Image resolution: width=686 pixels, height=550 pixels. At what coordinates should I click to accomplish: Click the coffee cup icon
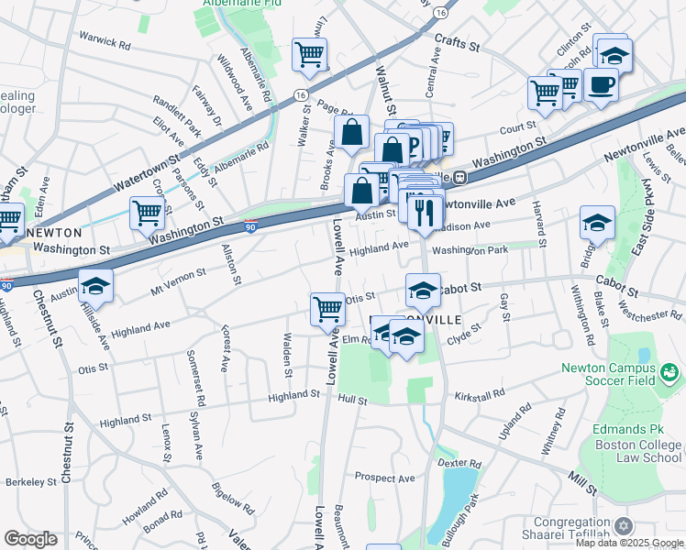601,85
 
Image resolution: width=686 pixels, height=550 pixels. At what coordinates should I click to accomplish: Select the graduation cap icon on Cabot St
423,291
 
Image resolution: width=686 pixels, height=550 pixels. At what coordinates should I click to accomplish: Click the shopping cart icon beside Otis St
327,309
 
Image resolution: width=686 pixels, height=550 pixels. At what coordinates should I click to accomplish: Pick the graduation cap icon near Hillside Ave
95,286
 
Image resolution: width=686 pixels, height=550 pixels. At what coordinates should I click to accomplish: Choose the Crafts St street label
451,41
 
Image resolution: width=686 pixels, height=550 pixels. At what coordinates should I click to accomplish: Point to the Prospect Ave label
385,478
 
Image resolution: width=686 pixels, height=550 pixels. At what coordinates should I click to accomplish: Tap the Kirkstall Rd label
480,395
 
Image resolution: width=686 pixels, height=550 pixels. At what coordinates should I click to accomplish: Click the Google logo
30,539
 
